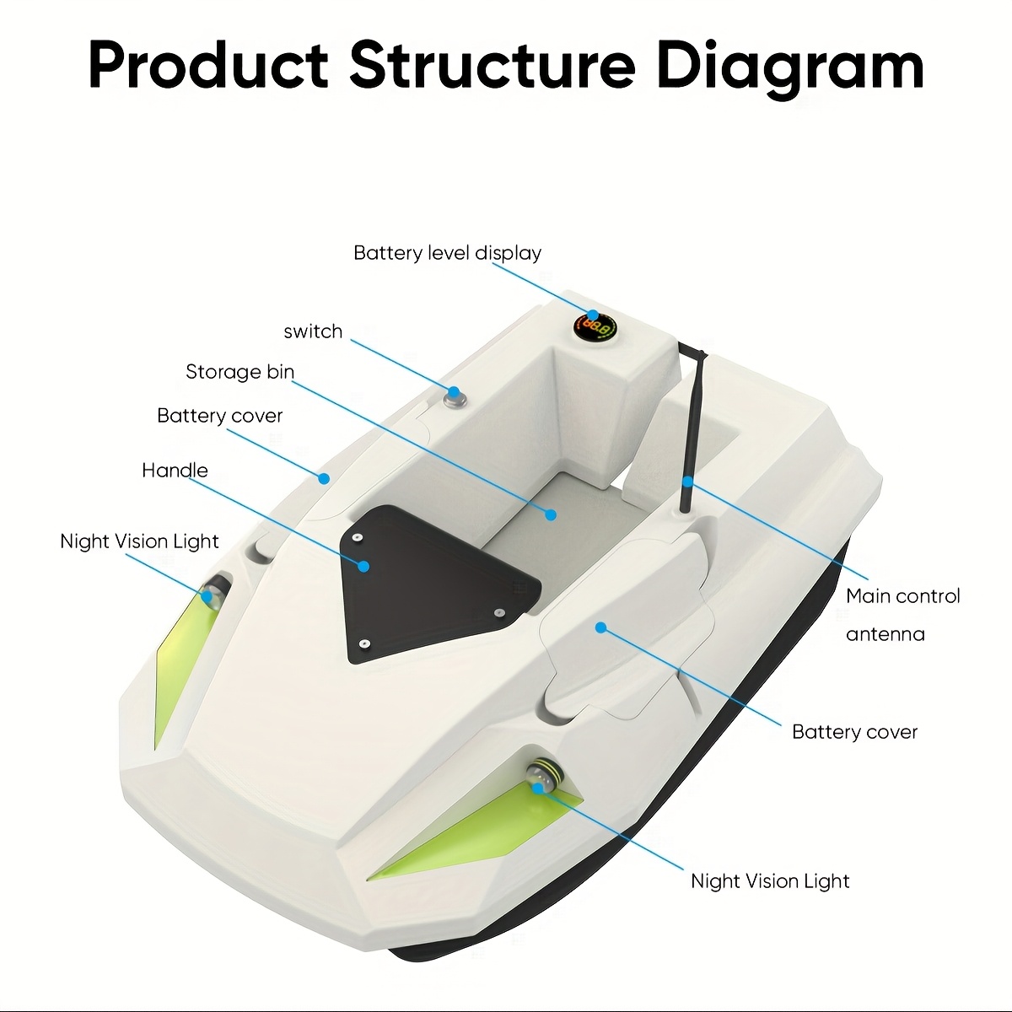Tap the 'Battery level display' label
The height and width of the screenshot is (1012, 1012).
(x=447, y=253)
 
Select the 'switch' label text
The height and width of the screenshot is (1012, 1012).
(x=313, y=331)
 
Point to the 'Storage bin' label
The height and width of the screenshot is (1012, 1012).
(x=240, y=371)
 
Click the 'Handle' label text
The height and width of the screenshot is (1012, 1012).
(x=175, y=470)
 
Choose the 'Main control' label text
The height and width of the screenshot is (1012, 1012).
(x=902, y=596)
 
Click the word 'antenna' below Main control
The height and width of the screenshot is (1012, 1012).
(x=885, y=634)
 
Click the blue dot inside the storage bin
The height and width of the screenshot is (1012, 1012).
(x=551, y=514)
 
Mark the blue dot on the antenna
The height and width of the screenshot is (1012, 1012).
(x=687, y=481)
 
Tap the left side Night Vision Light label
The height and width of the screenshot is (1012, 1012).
(x=139, y=541)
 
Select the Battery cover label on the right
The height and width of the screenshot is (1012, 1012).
(x=854, y=732)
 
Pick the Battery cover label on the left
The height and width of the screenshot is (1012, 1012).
(x=219, y=416)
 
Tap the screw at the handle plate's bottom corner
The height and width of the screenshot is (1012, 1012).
(x=366, y=644)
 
